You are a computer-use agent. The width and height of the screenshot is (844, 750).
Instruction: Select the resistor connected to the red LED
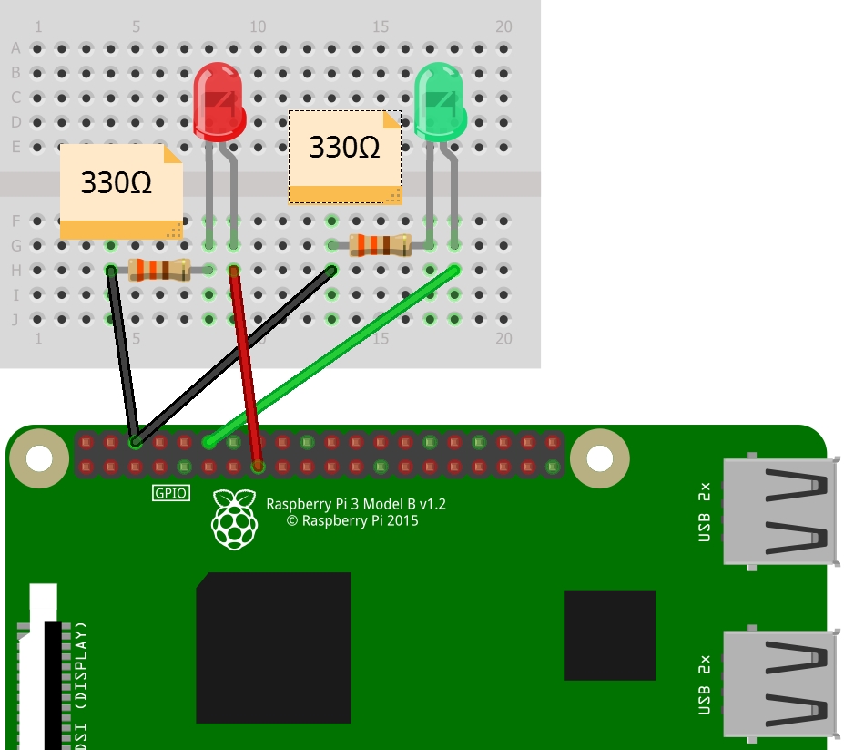159,270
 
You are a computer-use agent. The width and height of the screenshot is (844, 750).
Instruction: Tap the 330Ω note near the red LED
120,190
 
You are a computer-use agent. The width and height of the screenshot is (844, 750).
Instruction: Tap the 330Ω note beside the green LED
345,156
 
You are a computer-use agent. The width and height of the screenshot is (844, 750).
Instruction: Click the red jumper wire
246,365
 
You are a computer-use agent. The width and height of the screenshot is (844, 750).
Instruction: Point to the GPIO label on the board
170,493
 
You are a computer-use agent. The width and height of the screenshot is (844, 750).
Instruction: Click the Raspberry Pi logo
235,519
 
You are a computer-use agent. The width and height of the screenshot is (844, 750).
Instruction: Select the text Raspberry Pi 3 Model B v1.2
355,504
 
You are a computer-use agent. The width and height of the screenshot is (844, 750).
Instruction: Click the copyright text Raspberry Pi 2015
352,521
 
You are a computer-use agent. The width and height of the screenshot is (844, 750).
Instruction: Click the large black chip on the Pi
274,647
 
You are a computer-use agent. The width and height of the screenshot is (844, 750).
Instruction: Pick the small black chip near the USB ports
609,634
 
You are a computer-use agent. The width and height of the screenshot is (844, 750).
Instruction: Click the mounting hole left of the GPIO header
40,457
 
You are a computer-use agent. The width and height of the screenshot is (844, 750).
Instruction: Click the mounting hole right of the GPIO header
599,457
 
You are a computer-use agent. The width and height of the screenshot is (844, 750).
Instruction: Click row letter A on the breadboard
15,48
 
